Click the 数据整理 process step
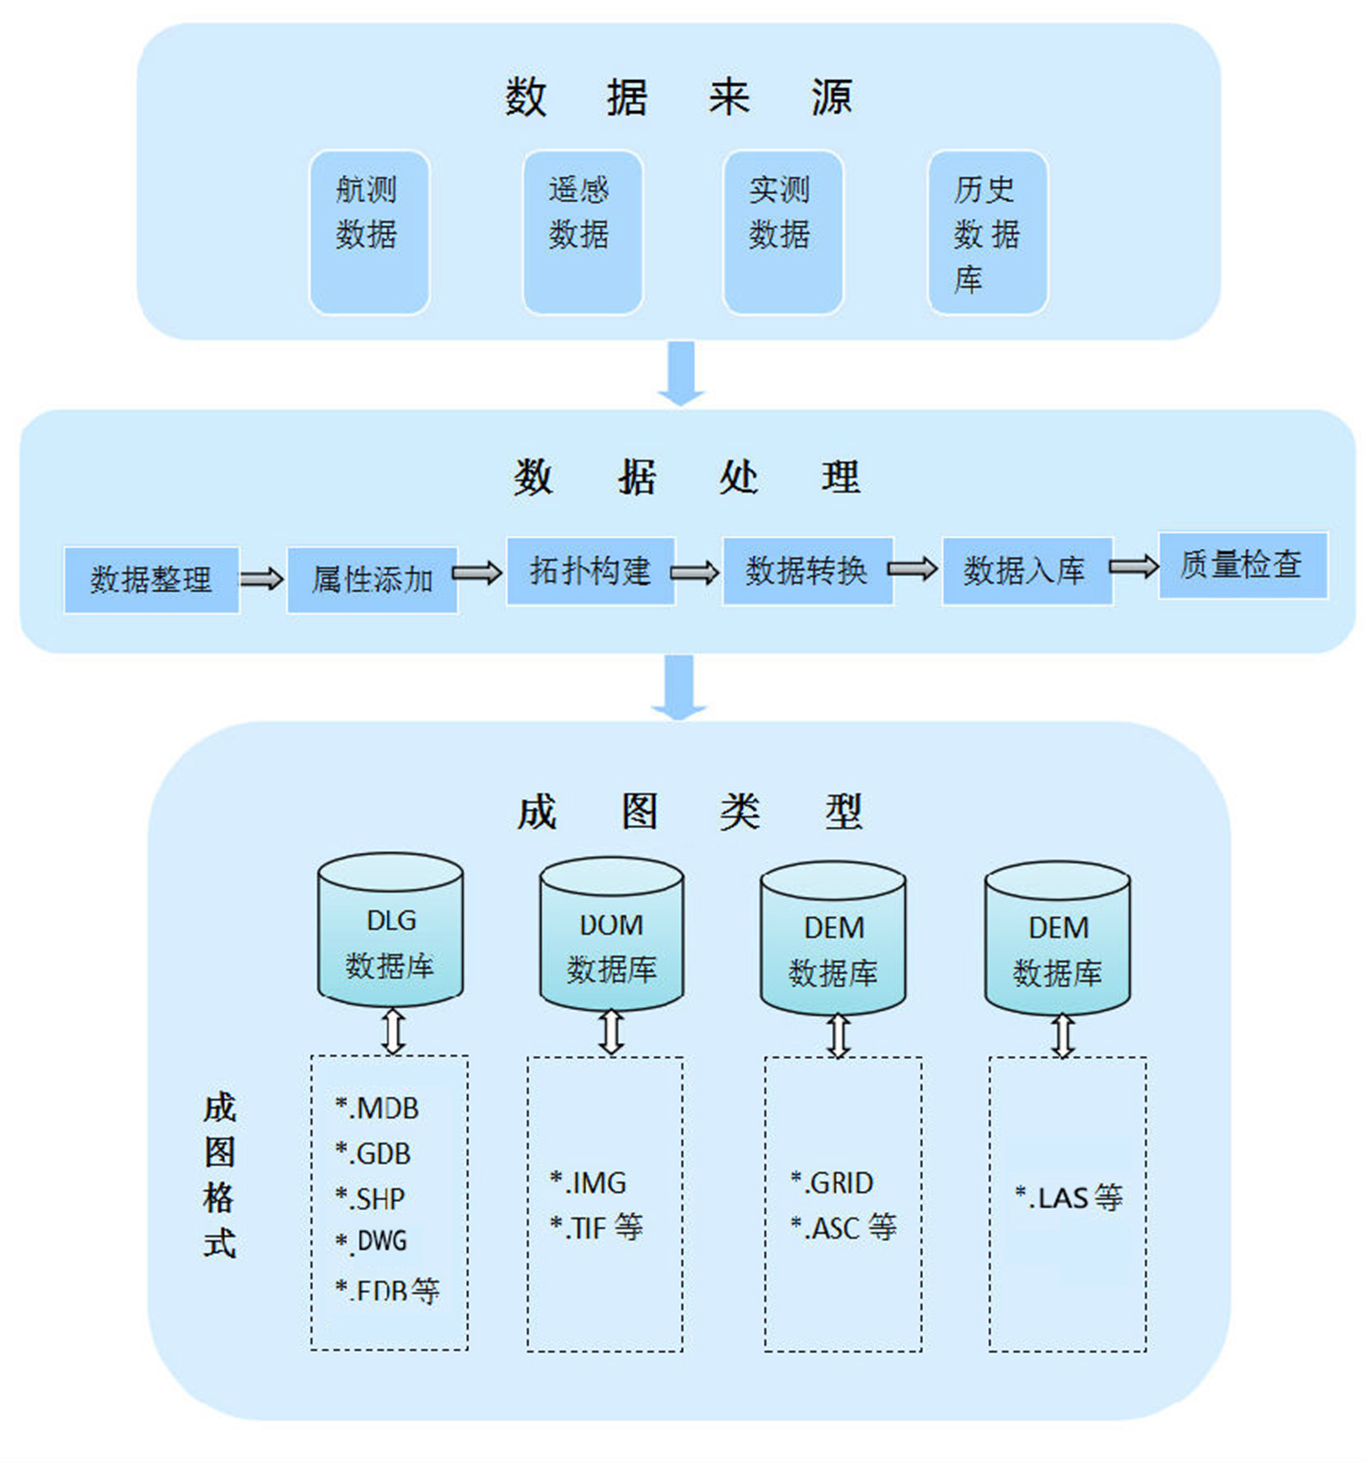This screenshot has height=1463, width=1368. pyautogui.click(x=151, y=579)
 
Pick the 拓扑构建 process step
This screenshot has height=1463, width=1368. pyautogui.click(x=590, y=570)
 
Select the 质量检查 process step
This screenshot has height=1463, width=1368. pyautogui.click(x=1242, y=565)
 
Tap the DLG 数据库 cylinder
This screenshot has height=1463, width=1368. pyautogui.click(x=390, y=929)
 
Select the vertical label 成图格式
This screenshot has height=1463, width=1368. pyautogui.click(x=219, y=1175)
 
